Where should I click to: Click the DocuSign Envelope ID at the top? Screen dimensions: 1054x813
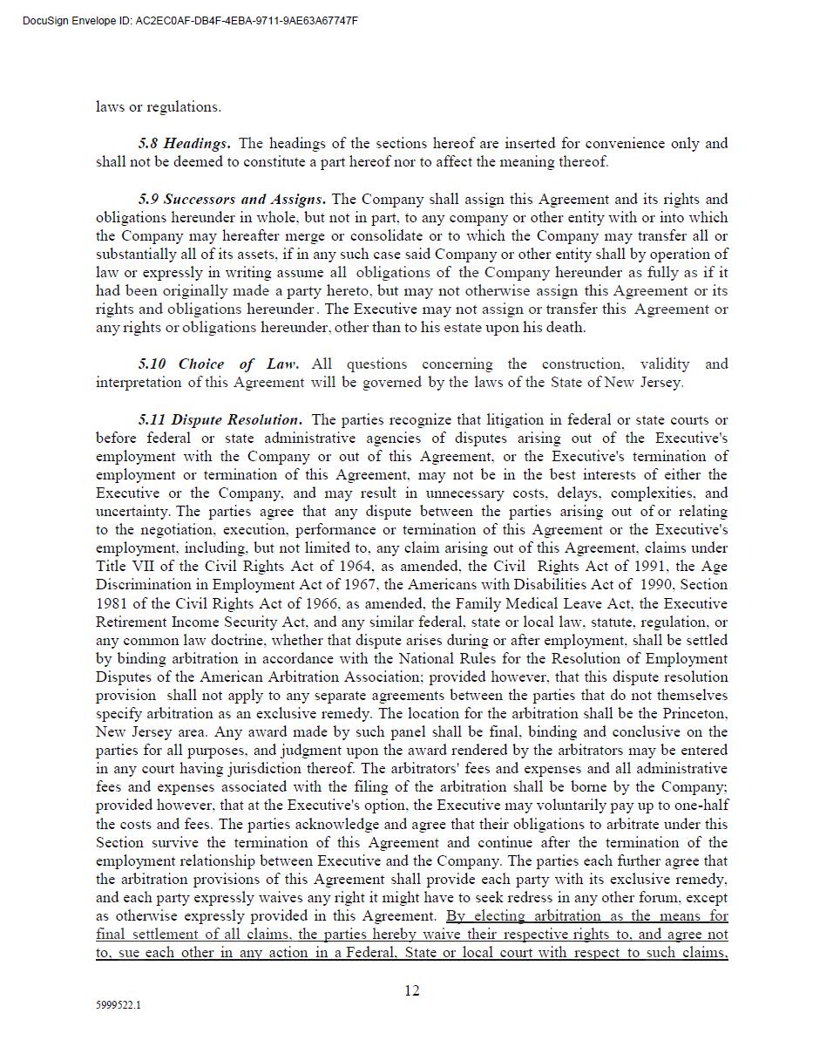tap(190, 21)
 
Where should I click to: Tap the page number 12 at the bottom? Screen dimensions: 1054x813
tap(412, 990)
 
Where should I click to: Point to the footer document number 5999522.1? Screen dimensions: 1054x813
tap(119, 1005)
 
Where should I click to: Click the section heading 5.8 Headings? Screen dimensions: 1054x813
tap(184, 143)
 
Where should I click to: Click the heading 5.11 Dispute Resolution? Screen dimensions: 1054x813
tap(220, 419)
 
